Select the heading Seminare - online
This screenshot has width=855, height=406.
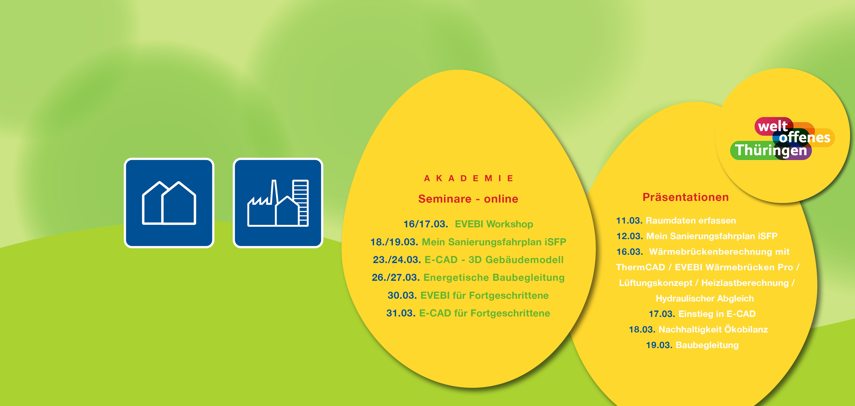click(468, 199)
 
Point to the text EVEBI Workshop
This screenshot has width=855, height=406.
click(494, 224)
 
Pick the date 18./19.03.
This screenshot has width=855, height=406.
click(394, 242)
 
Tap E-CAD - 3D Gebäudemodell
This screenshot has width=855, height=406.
click(494, 259)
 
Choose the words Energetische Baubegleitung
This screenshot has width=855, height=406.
click(494, 278)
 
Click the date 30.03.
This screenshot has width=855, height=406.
click(402, 295)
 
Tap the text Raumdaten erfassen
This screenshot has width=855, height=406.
click(691, 221)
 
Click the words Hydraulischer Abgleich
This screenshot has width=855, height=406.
click(705, 299)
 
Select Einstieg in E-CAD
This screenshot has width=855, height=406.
click(717, 314)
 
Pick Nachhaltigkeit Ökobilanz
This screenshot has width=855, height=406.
click(713, 329)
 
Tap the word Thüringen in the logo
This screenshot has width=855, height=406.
click(771, 150)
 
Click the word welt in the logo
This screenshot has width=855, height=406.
click(773, 126)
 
